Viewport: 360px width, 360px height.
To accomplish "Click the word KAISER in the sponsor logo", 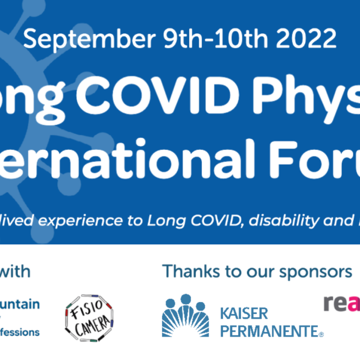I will coord(244,313).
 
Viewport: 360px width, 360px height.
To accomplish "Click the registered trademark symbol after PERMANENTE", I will coord(321,334).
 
